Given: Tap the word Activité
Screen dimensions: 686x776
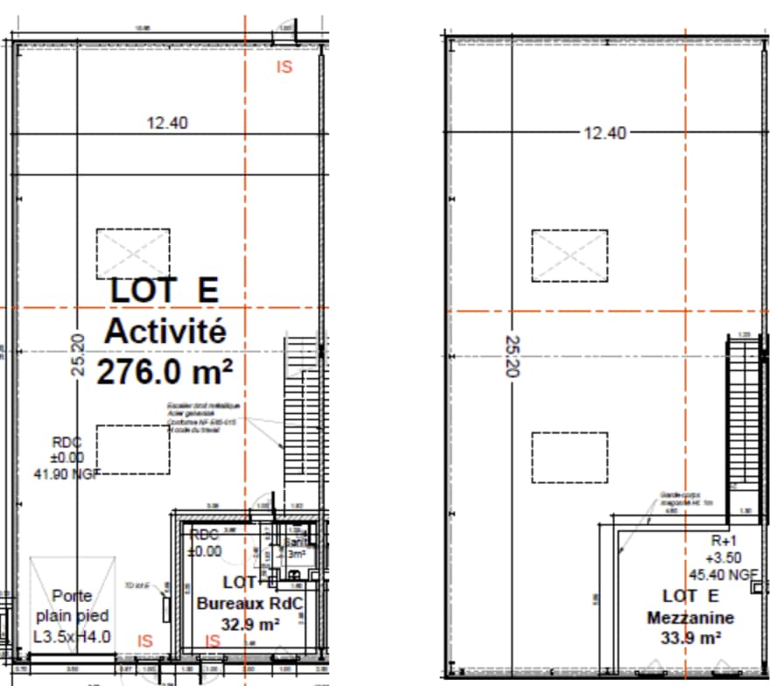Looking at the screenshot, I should pyautogui.click(x=165, y=332).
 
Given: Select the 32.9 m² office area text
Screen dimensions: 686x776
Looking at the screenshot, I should pyautogui.click(x=250, y=624).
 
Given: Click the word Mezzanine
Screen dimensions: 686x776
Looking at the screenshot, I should pyautogui.click(x=691, y=618).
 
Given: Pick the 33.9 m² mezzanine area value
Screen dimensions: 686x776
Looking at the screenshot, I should pyautogui.click(x=691, y=638).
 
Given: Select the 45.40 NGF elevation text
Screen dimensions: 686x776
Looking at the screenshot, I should pyautogui.click(x=723, y=575).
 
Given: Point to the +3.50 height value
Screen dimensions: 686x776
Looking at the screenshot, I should pyautogui.click(x=723, y=557).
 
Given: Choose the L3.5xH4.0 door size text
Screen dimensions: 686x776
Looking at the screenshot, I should pyautogui.click(x=72, y=637).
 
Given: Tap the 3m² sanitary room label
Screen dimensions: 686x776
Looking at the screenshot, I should pyautogui.click(x=296, y=554).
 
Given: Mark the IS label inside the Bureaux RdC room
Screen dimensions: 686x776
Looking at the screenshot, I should pyautogui.click(x=212, y=641).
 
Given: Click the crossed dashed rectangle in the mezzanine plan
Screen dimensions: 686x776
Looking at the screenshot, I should pyautogui.click(x=569, y=255).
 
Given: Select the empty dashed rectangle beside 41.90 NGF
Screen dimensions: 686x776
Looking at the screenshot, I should pyautogui.click(x=133, y=449).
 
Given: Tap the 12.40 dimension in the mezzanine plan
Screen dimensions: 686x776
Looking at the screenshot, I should pyautogui.click(x=605, y=133).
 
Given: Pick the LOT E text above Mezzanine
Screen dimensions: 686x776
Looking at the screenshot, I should pyautogui.click(x=691, y=597).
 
